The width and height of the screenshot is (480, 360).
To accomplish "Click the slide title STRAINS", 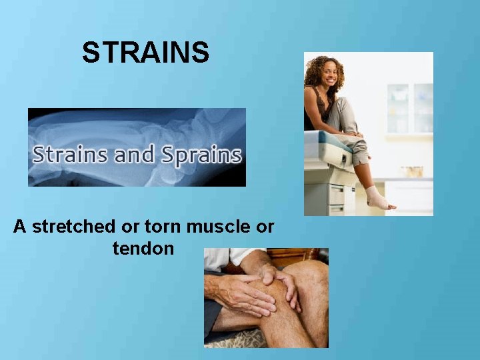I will [145, 53].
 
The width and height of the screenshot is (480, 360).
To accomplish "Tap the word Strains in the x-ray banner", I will [70, 155].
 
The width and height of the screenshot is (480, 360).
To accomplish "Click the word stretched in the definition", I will [73, 227].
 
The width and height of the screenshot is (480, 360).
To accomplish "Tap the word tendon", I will [143, 249].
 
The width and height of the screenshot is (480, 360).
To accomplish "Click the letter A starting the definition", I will [20, 227].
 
